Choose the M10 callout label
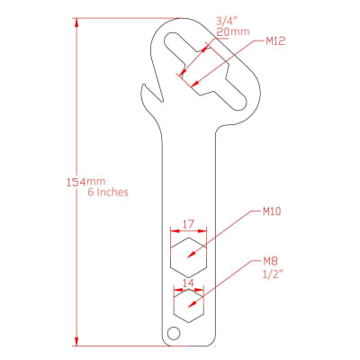point(273,213)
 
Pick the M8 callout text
point(269,262)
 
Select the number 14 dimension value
point(188,283)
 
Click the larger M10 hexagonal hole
point(188,257)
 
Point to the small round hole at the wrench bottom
point(174,334)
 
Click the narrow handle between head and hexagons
point(188,171)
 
